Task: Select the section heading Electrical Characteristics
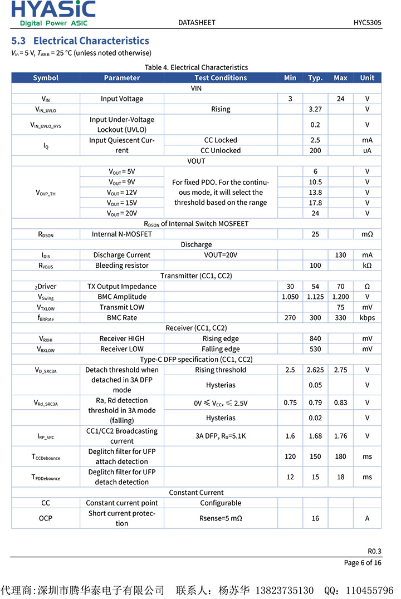(80, 41)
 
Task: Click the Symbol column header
(46, 78)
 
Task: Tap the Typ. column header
(315, 78)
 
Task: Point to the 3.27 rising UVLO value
(315, 109)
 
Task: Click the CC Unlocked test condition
(221, 150)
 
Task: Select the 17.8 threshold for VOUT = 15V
(315, 203)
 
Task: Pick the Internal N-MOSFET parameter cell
(122, 234)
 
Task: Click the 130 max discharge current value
(340, 255)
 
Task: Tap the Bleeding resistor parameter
(122, 266)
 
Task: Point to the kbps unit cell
(367, 318)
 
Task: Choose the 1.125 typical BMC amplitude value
(315, 297)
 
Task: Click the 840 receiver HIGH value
(315, 338)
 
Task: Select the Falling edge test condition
(221, 349)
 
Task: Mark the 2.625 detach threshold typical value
(315, 370)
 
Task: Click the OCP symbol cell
(46, 518)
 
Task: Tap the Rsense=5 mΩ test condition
(221, 518)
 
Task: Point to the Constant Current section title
(196, 493)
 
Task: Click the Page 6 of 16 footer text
(363, 562)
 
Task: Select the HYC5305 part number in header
(367, 23)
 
